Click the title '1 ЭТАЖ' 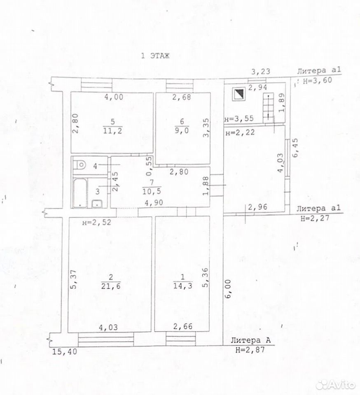155,56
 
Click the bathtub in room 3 80,193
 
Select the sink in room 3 97,204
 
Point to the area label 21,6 111,286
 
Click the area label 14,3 183,286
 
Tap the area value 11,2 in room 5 112,130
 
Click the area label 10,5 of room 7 152,191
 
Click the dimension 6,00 228,289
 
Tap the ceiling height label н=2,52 97,223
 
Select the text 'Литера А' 250,340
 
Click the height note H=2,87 250,349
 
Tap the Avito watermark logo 335,384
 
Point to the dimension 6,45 295,147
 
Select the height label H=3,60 318,81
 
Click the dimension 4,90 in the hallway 154,202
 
